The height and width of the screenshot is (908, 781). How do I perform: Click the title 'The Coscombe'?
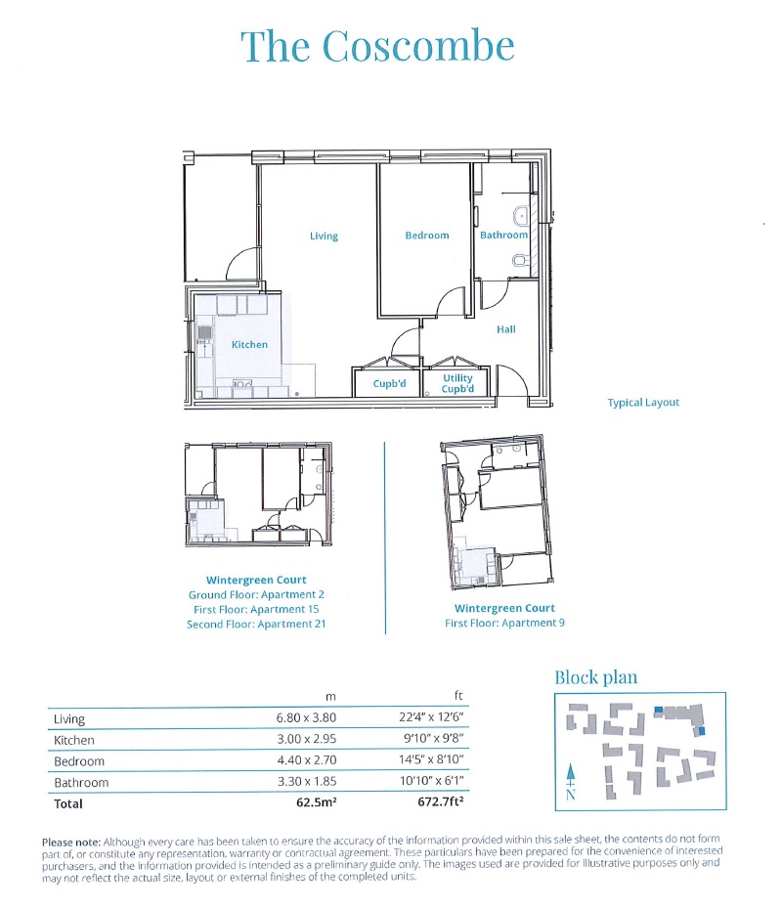[x=377, y=46]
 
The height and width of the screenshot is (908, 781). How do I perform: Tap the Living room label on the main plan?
[x=324, y=236]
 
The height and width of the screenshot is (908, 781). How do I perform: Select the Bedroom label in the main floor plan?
[x=427, y=236]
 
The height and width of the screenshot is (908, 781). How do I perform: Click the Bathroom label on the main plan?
[x=503, y=236]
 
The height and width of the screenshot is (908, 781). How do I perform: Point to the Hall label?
[x=505, y=329]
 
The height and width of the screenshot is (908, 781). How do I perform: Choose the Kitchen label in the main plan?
[x=249, y=345]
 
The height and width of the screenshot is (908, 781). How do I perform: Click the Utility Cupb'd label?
[x=457, y=383]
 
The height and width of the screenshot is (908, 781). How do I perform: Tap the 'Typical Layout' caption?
[x=642, y=403]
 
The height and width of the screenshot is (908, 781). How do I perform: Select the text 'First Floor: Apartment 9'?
[x=504, y=623]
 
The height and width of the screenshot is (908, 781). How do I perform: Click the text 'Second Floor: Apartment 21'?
[x=256, y=625]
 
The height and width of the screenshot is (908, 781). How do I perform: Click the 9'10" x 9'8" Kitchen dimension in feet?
[x=424, y=741]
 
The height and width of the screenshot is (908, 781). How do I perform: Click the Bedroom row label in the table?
[x=79, y=761]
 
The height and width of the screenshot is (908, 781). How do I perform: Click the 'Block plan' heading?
[x=596, y=677]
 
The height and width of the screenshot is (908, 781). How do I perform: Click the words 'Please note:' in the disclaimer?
[x=70, y=842]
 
